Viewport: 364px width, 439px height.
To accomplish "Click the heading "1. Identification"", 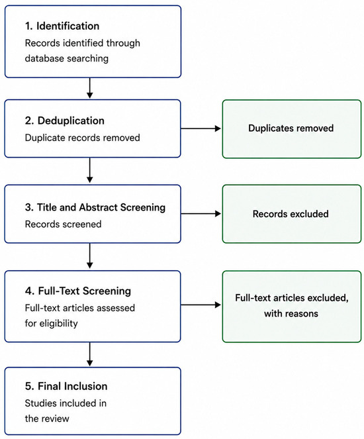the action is [x=62, y=26].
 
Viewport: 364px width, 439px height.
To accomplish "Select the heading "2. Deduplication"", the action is [x=65, y=121].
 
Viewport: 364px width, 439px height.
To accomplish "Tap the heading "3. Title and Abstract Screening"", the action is [x=95, y=207].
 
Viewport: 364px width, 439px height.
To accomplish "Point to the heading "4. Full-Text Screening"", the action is [x=78, y=291].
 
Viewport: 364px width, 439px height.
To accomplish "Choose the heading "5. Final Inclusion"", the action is [x=66, y=386].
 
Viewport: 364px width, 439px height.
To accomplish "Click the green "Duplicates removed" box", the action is [x=292, y=129].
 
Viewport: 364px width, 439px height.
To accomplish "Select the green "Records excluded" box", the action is [x=292, y=214].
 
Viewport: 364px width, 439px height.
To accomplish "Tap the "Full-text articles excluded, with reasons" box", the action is [x=292, y=307].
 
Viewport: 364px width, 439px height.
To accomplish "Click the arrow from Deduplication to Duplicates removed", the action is [x=201, y=128].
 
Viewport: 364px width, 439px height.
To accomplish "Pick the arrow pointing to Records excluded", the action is [x=201, y=214].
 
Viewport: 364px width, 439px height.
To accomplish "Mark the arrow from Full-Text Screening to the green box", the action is [x=201, y=305].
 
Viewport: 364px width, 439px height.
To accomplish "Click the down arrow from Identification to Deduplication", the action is [x=89, y=88].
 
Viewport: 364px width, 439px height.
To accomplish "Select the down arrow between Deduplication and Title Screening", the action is [x=89, y=170].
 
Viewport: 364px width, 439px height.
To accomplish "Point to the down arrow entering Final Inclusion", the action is [x=89, y=354].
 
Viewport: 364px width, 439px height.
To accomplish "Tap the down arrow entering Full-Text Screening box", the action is [x=89, y=256].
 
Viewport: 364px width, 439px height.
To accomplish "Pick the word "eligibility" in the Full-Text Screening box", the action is [x=58, y=323].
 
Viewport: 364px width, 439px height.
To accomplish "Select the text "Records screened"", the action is [x=64, y=224].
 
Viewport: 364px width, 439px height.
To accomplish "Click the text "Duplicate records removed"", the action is [x=83, y=138].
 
